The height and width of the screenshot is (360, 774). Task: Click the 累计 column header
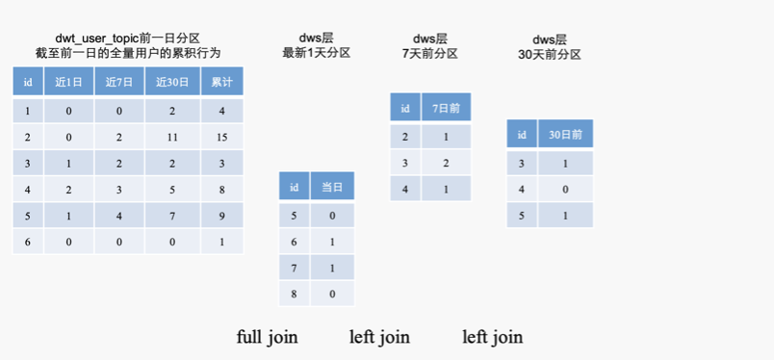[x=222, y=82]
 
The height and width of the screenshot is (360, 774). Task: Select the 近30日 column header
[x=173, y=82]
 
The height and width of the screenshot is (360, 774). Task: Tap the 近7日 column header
[x=119, y=82]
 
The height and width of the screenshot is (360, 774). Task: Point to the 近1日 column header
[x=68, y=82]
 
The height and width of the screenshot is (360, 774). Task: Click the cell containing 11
[x=173, y=137]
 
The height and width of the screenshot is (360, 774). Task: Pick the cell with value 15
[x=222, y=137]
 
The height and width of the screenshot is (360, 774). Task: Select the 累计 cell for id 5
[x=222, y=216]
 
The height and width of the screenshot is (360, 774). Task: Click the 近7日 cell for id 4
[x=119, y=190]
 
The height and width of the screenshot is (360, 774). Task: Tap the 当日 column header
[x=332, y=186]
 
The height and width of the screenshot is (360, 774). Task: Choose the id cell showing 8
[x=294, y=293]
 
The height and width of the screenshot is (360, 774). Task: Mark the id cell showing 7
[x=294, y=267]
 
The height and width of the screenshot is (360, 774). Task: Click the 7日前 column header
[x=446, y=108]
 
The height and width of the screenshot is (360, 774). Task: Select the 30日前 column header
[x=565, y=134]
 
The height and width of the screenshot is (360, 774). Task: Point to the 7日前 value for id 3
[x=446, y=162]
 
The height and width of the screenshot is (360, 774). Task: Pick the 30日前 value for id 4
[x=565, y=189]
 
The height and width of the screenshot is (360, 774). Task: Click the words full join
[x=267, y=337]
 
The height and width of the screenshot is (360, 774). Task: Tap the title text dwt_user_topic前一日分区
[x=127, y=38]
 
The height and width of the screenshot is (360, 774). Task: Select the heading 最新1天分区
[x=316, y=53]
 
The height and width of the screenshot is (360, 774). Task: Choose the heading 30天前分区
[x=549, y=54]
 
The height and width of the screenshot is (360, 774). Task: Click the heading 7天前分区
[x=429, y=53]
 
